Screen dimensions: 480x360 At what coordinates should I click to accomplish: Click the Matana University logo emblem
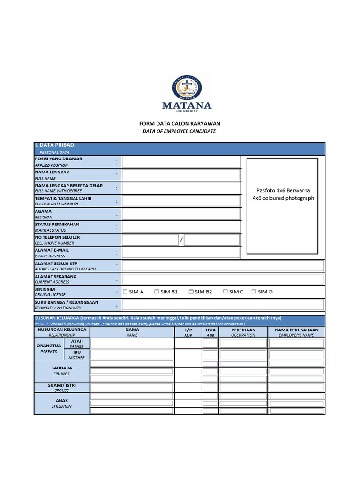point(187,87)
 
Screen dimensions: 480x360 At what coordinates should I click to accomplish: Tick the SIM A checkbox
point(125,292)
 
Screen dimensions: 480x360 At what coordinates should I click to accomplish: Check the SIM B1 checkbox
point(157,292)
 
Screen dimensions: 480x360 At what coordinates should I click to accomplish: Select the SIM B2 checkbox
point(191,292)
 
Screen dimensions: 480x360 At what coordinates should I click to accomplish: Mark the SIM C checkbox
point(225,292)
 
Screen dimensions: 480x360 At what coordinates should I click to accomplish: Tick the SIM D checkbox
point(254,292)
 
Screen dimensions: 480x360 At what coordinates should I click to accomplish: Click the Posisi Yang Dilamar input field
point(181,162)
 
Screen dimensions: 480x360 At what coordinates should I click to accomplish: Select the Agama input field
point(181,214)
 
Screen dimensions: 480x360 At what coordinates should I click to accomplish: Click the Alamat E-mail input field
point(181,253)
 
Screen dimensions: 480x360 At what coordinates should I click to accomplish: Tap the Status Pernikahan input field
point(181,227)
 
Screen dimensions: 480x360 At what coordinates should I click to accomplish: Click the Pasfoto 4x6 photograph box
point(283,206)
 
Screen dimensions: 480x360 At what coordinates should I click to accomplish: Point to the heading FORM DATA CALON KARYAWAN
point(180,124)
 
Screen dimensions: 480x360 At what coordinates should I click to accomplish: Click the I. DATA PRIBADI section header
point(55,145)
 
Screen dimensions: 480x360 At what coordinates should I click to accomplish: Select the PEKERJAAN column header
point(243,330)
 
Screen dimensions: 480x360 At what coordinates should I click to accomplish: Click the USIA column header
point(210,330)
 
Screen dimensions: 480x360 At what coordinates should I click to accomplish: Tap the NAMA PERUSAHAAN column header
point(296,330)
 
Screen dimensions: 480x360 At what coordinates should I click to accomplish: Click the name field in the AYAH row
point(132,343)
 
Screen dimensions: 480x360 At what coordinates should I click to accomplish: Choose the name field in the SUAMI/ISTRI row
point(132,388)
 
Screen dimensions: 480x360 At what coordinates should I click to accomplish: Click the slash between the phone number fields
point(181,240)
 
